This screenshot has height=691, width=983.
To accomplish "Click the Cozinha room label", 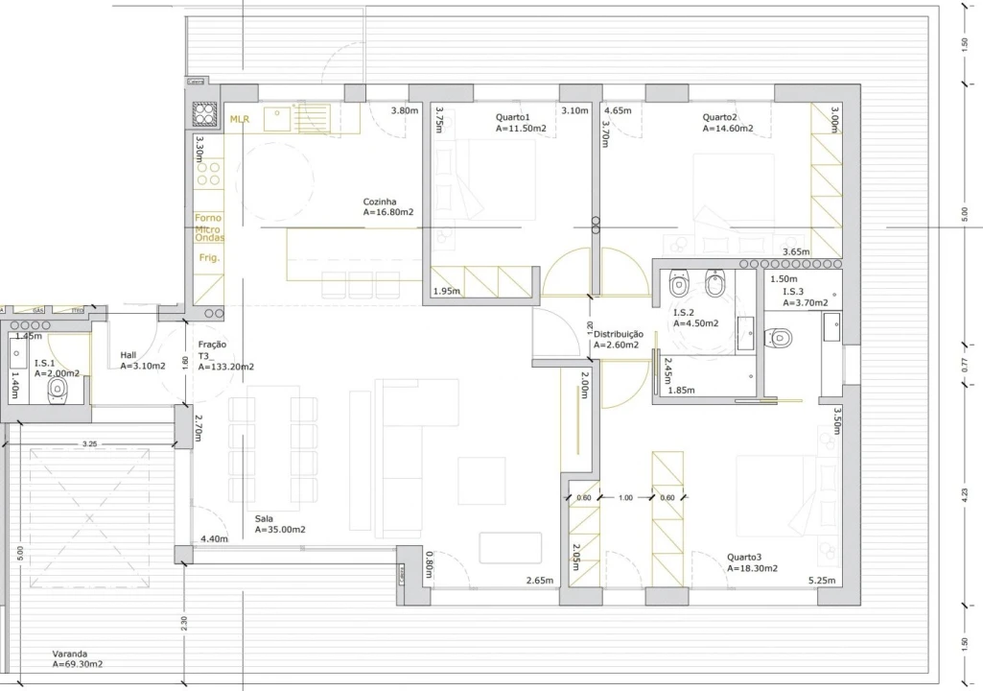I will (380, 202).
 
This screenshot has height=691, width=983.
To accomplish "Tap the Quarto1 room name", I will (513, 115).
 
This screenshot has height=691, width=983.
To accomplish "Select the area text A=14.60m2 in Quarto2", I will (728, 128).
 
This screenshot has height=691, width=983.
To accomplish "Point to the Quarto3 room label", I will (744, 557).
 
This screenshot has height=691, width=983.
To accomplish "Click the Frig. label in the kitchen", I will (209, 258).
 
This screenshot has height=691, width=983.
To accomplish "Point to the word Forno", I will (208, 218).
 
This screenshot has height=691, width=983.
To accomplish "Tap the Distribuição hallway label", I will (619, 333).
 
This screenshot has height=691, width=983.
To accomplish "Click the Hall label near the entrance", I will (129, 355).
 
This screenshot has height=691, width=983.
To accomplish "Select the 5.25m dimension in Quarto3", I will (823, 581).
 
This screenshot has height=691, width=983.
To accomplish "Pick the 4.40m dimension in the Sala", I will (214, 539).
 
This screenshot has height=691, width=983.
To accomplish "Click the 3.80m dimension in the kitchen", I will (405, 111).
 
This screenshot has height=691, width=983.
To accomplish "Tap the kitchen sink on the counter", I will (279, 117).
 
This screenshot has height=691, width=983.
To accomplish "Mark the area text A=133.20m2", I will (226, 367).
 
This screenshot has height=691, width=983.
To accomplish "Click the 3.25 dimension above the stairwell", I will (90, 444).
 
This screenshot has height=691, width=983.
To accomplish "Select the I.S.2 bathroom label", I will (684, 313).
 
